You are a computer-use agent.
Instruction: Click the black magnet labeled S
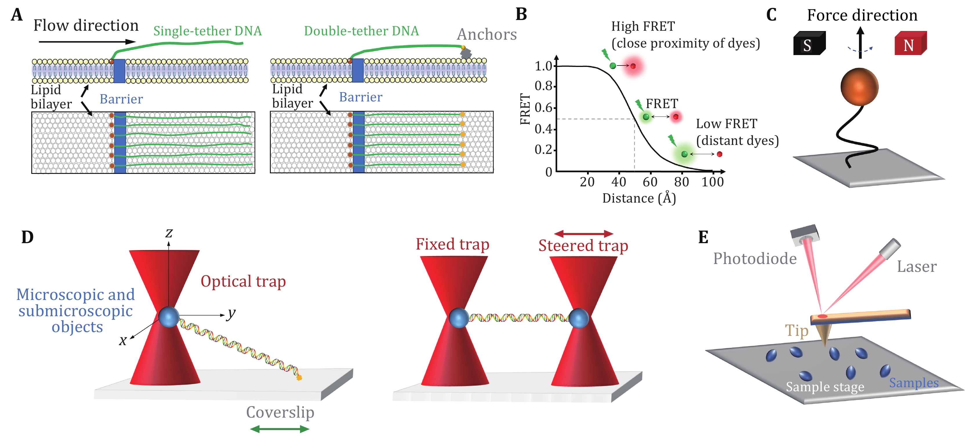(x=809, y=44)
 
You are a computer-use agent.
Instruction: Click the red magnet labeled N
(x=910, y=44)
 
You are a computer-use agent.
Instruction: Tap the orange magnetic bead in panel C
(x=859, y=87)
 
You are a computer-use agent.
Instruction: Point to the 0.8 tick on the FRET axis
(x=544, y=86)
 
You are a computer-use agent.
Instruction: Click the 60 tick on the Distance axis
(x=650, y=182)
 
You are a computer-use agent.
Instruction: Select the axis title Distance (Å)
(x=639, y=198)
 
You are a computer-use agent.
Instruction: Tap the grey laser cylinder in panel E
(x=891, y=249)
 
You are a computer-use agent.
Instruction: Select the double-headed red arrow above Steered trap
(x=583, y=234)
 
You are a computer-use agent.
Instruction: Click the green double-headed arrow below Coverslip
(x=280, y=429)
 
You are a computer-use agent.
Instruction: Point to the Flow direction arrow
(x=87, y=42)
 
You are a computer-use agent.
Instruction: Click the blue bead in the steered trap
(x=579, y=318)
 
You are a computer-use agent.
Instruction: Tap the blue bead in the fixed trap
(x=458, y=318)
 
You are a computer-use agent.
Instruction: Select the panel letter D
(x=28, y=237)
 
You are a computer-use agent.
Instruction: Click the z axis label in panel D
(x=169, y=233)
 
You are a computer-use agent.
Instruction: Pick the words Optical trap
(x=243, y=281)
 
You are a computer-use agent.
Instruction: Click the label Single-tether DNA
(x=208, y=31)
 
